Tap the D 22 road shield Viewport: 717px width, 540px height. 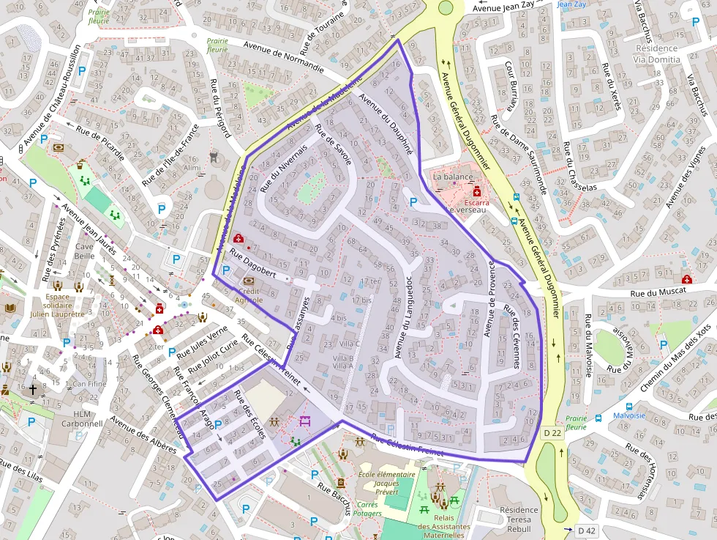coord(553,433)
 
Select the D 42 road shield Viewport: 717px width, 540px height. coord(586,530)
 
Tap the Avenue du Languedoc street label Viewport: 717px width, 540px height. coord(402,311)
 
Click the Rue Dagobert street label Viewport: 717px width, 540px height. coord(253,263)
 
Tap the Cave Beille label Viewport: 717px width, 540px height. coord(84,251)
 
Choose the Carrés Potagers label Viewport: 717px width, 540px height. coord(367,509)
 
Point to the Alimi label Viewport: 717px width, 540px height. coord(192,168)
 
